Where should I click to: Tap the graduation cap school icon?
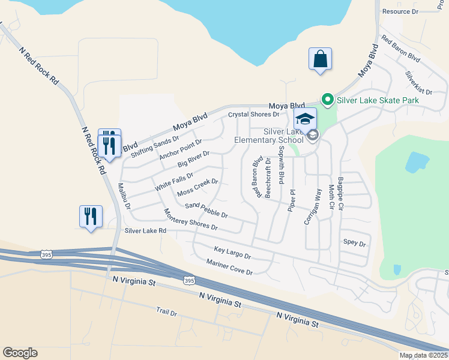[306, 119]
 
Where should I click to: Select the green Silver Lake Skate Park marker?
[327, 100]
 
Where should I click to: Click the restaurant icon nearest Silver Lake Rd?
[91, 217]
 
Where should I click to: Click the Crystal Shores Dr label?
[254, 114]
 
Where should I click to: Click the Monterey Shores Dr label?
[190, 220]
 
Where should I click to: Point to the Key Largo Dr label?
[232, 252]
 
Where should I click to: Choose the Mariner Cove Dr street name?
[229, 267]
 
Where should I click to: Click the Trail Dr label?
[166, 313]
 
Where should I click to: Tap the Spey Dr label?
[354, 243]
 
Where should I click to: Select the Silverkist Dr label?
[418, 83]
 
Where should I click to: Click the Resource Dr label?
[400, 11]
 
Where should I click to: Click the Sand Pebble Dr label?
[206, 210]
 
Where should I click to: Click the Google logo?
[20, 353]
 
